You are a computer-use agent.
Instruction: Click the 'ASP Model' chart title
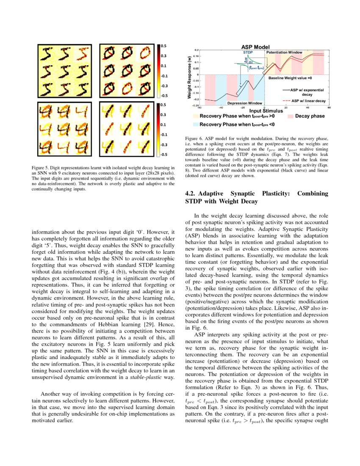tap(255, 47)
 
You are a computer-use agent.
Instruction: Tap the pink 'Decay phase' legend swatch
tap(290, 116)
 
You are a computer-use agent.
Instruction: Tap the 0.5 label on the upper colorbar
tap(163, 45)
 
